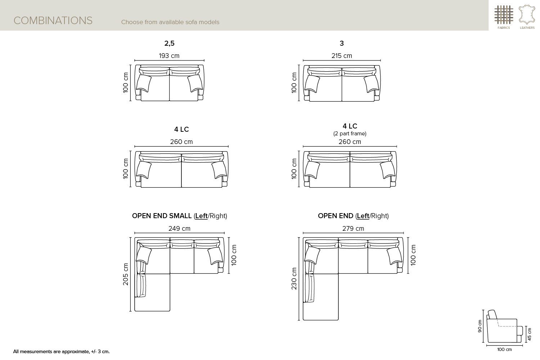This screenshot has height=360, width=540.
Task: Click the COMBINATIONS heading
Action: point(53,21)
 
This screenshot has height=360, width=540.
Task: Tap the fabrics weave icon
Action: point(504,15)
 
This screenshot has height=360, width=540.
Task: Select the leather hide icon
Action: point(527,15)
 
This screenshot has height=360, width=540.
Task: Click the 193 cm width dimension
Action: point(169,56)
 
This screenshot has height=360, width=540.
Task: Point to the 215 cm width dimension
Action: point(342,56)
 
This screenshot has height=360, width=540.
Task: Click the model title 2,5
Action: point(169,44)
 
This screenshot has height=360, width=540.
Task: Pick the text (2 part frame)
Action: point(350,134)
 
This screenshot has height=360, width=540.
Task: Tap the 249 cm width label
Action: point(179,228)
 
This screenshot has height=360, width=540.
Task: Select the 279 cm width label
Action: point(353,228)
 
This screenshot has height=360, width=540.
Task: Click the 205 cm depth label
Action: point(126,274)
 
